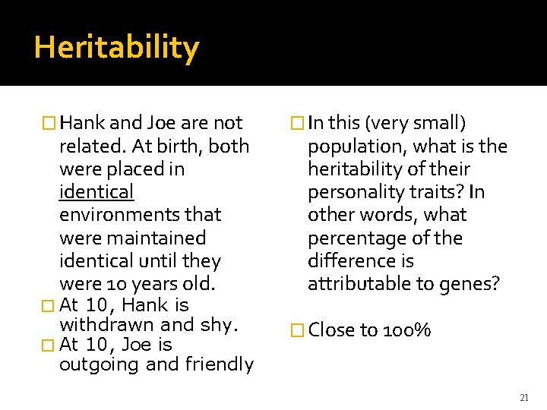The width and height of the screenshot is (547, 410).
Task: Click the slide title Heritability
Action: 116,48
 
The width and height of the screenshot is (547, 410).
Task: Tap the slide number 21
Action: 524,397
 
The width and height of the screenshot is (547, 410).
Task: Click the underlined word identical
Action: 96,191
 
